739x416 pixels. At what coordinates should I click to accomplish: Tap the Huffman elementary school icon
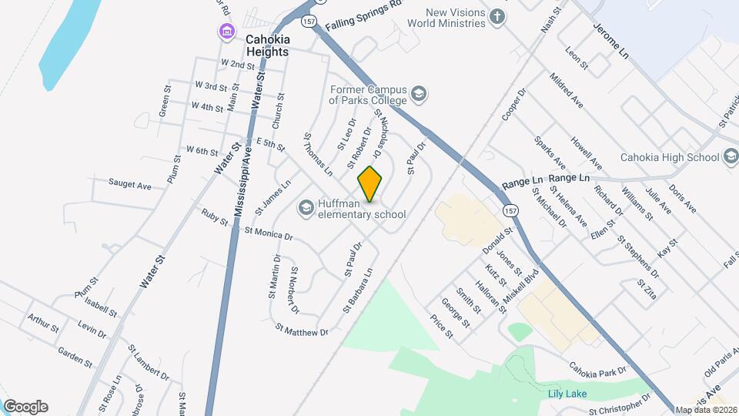click(x=306, y=208)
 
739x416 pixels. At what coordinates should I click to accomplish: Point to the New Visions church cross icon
click(x=498, y=17)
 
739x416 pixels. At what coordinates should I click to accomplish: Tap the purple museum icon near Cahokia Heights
click(x=226, y=32)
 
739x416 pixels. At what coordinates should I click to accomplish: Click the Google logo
click(x=25, y=407)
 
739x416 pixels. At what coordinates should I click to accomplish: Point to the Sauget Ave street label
click(x=130, y=185)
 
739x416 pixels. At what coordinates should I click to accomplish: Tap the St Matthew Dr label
click(x=302, y=330)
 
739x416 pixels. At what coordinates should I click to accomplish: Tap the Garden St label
click(x=75, y=356)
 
